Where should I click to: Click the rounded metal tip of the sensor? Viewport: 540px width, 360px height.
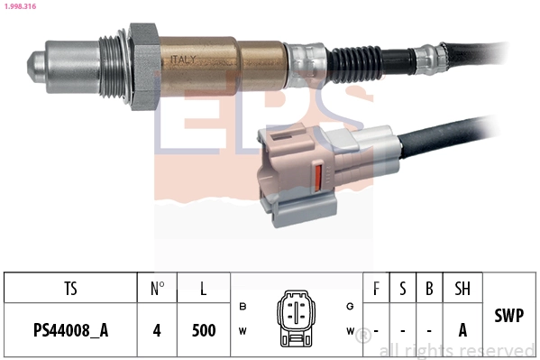click(36, 64)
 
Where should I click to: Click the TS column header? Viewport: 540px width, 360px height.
click(70, 289)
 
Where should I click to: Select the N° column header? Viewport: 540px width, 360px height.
click(157, 289)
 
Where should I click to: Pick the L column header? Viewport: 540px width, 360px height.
click(204, 289)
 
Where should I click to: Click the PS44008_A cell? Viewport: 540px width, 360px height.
click(70, 330)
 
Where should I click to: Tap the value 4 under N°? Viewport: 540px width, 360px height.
click(157, 330)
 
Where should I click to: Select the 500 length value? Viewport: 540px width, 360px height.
click(204, 330)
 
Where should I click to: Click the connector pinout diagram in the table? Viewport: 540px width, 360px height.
click(296, 318)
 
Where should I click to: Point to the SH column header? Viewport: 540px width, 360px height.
click(462, 289)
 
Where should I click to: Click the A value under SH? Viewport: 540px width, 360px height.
click(462, 330)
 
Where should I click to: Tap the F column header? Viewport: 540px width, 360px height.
click(375, 289)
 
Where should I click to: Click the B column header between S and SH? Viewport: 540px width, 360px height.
click(429, 289)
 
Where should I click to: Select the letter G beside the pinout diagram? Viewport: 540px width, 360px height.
click(350, 306)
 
